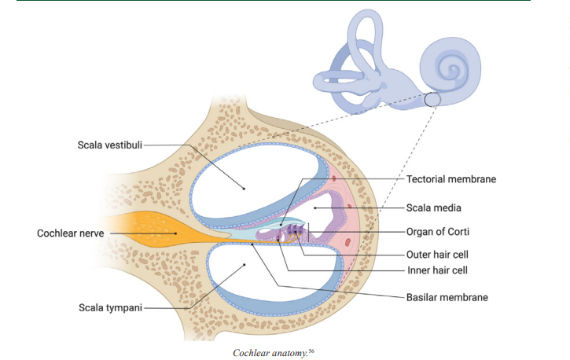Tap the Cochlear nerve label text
(x=72, y=233)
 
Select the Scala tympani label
(x=110, y=308)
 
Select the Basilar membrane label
(x=447, y=297)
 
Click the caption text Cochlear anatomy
(x=267, y=353)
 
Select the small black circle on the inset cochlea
(x=433, y=100)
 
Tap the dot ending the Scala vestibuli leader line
(x=244, y=189)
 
